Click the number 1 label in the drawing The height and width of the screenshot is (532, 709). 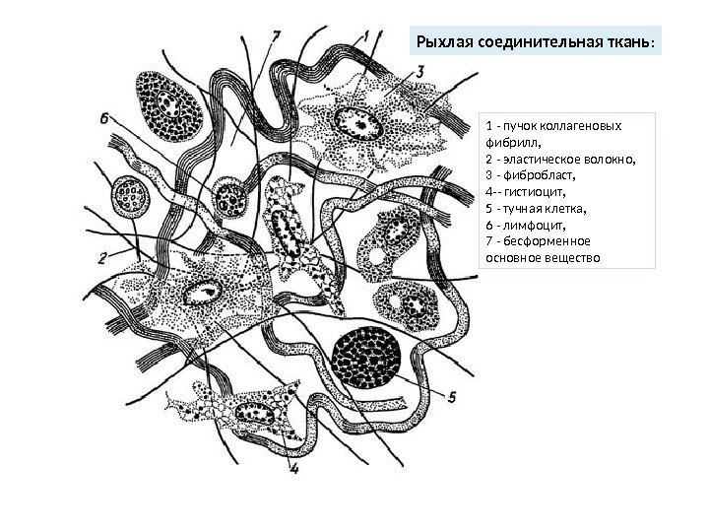click(365, 35)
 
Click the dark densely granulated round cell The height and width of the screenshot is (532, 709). click(366, 361)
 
